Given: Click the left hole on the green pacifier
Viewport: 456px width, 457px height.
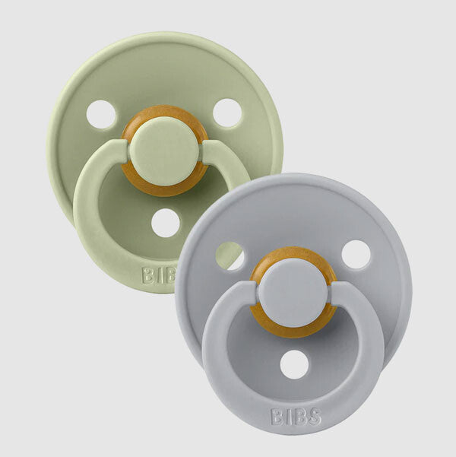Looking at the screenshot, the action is (x=101, y=115).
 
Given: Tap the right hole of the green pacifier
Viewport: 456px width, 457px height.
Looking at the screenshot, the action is (x=227, y=113).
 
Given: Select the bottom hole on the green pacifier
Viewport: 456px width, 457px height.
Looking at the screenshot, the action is (x=166, y=223).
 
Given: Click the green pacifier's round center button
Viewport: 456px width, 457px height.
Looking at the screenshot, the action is (x=164, y=151).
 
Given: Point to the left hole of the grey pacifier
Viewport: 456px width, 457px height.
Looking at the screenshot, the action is (x=230, y=255).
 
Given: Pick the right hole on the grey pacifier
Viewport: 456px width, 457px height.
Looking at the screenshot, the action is (x=356, y=255).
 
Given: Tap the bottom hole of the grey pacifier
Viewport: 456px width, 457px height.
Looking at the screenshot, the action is (x=294, y=364).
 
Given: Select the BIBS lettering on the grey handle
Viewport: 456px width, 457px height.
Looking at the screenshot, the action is (x=296, y=417).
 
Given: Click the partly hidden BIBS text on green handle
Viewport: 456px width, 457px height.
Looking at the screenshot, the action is (x=160, y=275).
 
